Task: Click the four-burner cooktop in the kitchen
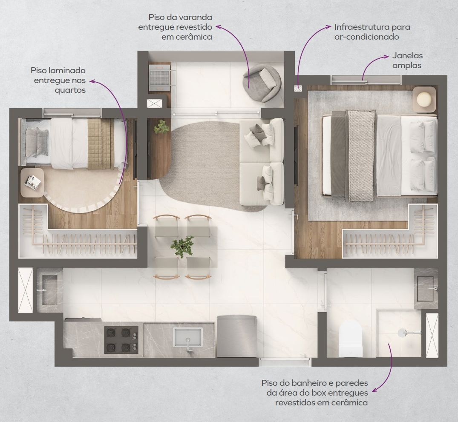point(121,340)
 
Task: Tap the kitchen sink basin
point(188,337)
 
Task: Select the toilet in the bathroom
point(351,338)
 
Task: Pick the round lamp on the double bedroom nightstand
point(424,99)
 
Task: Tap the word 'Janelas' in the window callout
point(407,55)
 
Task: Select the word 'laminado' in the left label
point(67,70)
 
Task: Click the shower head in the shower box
point(402,332)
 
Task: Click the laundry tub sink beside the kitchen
point(50,290)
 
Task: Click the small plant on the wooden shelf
point(161,127)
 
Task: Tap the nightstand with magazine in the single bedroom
point(32,182)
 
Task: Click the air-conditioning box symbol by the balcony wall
point(298,88)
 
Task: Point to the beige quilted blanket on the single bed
point(101,144)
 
